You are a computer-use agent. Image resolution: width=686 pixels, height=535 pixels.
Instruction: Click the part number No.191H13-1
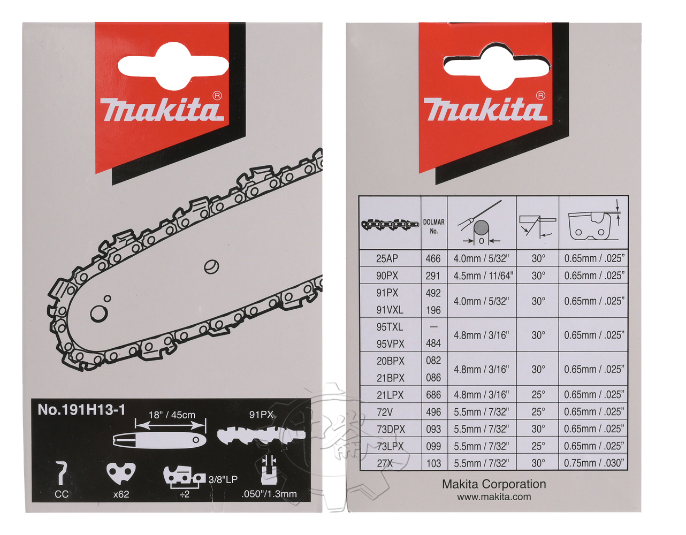[81, 410]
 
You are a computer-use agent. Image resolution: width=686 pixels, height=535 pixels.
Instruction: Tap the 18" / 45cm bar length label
[172, 415]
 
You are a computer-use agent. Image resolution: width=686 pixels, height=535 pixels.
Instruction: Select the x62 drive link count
[121, 494]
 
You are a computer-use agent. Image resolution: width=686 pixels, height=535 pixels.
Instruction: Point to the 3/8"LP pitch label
[223, 479]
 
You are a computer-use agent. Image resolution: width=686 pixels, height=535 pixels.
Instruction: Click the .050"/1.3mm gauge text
[269, 494]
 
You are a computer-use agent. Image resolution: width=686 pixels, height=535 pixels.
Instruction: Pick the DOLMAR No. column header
[434, 226]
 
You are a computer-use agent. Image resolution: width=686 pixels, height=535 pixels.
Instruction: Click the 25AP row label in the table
[387, 258]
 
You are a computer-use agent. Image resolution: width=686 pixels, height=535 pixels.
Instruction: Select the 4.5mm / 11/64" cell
[483, 276]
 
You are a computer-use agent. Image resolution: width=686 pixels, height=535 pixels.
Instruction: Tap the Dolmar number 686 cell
[433, 394]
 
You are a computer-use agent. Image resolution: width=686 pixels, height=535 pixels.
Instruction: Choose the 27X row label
[385, 463]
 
